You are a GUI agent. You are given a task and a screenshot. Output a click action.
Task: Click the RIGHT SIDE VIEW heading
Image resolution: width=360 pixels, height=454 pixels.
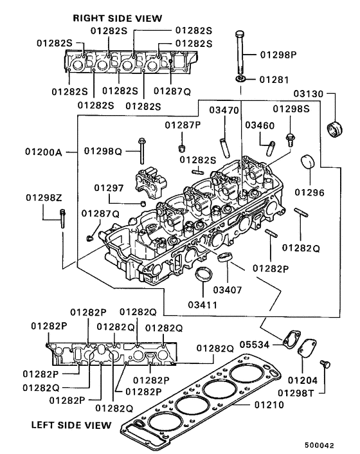[x=117, y=18]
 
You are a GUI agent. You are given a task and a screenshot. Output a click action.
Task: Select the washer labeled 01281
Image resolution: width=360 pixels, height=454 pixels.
[x=240, y=79]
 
